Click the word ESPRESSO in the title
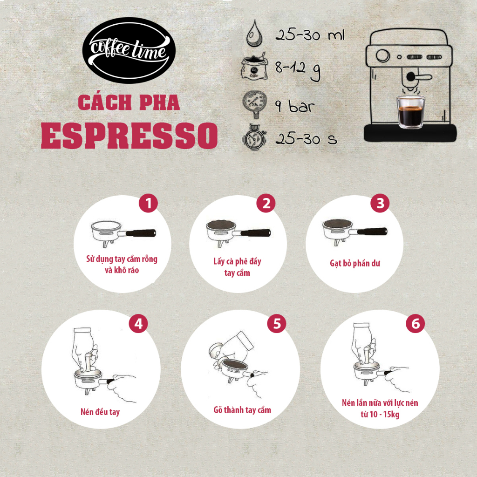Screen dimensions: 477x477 129,135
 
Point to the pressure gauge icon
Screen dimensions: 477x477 252,103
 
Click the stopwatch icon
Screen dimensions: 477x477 253,138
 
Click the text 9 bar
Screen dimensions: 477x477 294,106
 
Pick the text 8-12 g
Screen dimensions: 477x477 297,71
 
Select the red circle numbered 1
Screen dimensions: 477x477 149,204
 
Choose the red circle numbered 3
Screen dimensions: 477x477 380,204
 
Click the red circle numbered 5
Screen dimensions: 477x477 276,324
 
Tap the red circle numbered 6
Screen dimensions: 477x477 415,324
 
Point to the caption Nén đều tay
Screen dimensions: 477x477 100,412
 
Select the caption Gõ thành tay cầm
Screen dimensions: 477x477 242,410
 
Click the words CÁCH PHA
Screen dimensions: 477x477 129,102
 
